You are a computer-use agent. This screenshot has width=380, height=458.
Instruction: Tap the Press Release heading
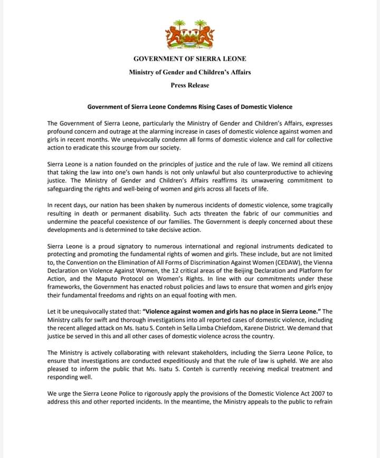pos(190,85)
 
